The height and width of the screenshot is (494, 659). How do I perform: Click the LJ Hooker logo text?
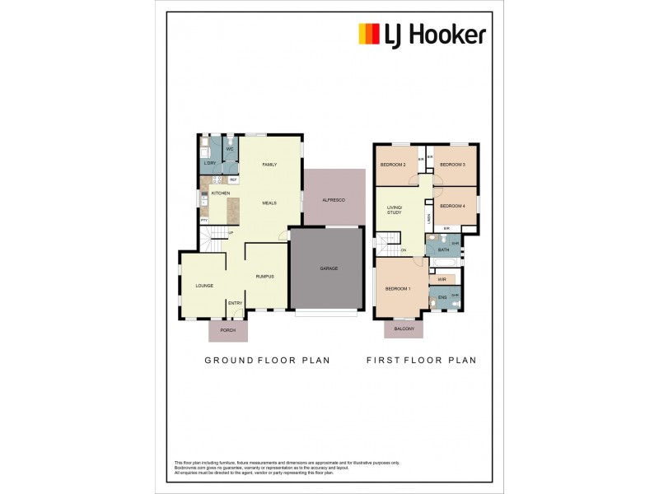[434, 35]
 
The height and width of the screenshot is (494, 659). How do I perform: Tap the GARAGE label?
[329, 268]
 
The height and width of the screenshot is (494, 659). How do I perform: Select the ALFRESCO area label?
[333, 200]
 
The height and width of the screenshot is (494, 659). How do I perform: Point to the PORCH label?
[228, 330]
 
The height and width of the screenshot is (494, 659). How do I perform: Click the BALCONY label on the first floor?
[404, 329]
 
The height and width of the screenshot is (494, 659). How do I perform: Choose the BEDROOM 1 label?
[398, 288]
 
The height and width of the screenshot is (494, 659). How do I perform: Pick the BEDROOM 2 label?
[393, 165]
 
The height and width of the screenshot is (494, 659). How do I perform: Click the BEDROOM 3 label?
[452, 165]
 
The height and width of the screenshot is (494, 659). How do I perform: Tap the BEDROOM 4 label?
[452, 205]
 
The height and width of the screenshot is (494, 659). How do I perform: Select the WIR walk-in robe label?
[442, 279]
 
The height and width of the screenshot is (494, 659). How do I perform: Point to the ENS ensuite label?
[442, 296]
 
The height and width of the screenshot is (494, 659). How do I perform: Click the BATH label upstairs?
[443, 249]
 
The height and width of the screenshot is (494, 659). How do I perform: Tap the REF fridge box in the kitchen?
[233, 179]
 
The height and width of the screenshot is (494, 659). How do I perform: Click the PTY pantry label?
[203, 221]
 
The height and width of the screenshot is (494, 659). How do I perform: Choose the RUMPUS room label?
[264, 277]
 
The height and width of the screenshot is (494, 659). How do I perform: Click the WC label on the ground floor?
[230, 149]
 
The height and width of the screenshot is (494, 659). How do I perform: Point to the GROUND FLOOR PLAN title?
[267, 360]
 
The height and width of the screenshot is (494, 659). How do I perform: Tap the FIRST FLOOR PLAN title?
[421, 360]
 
